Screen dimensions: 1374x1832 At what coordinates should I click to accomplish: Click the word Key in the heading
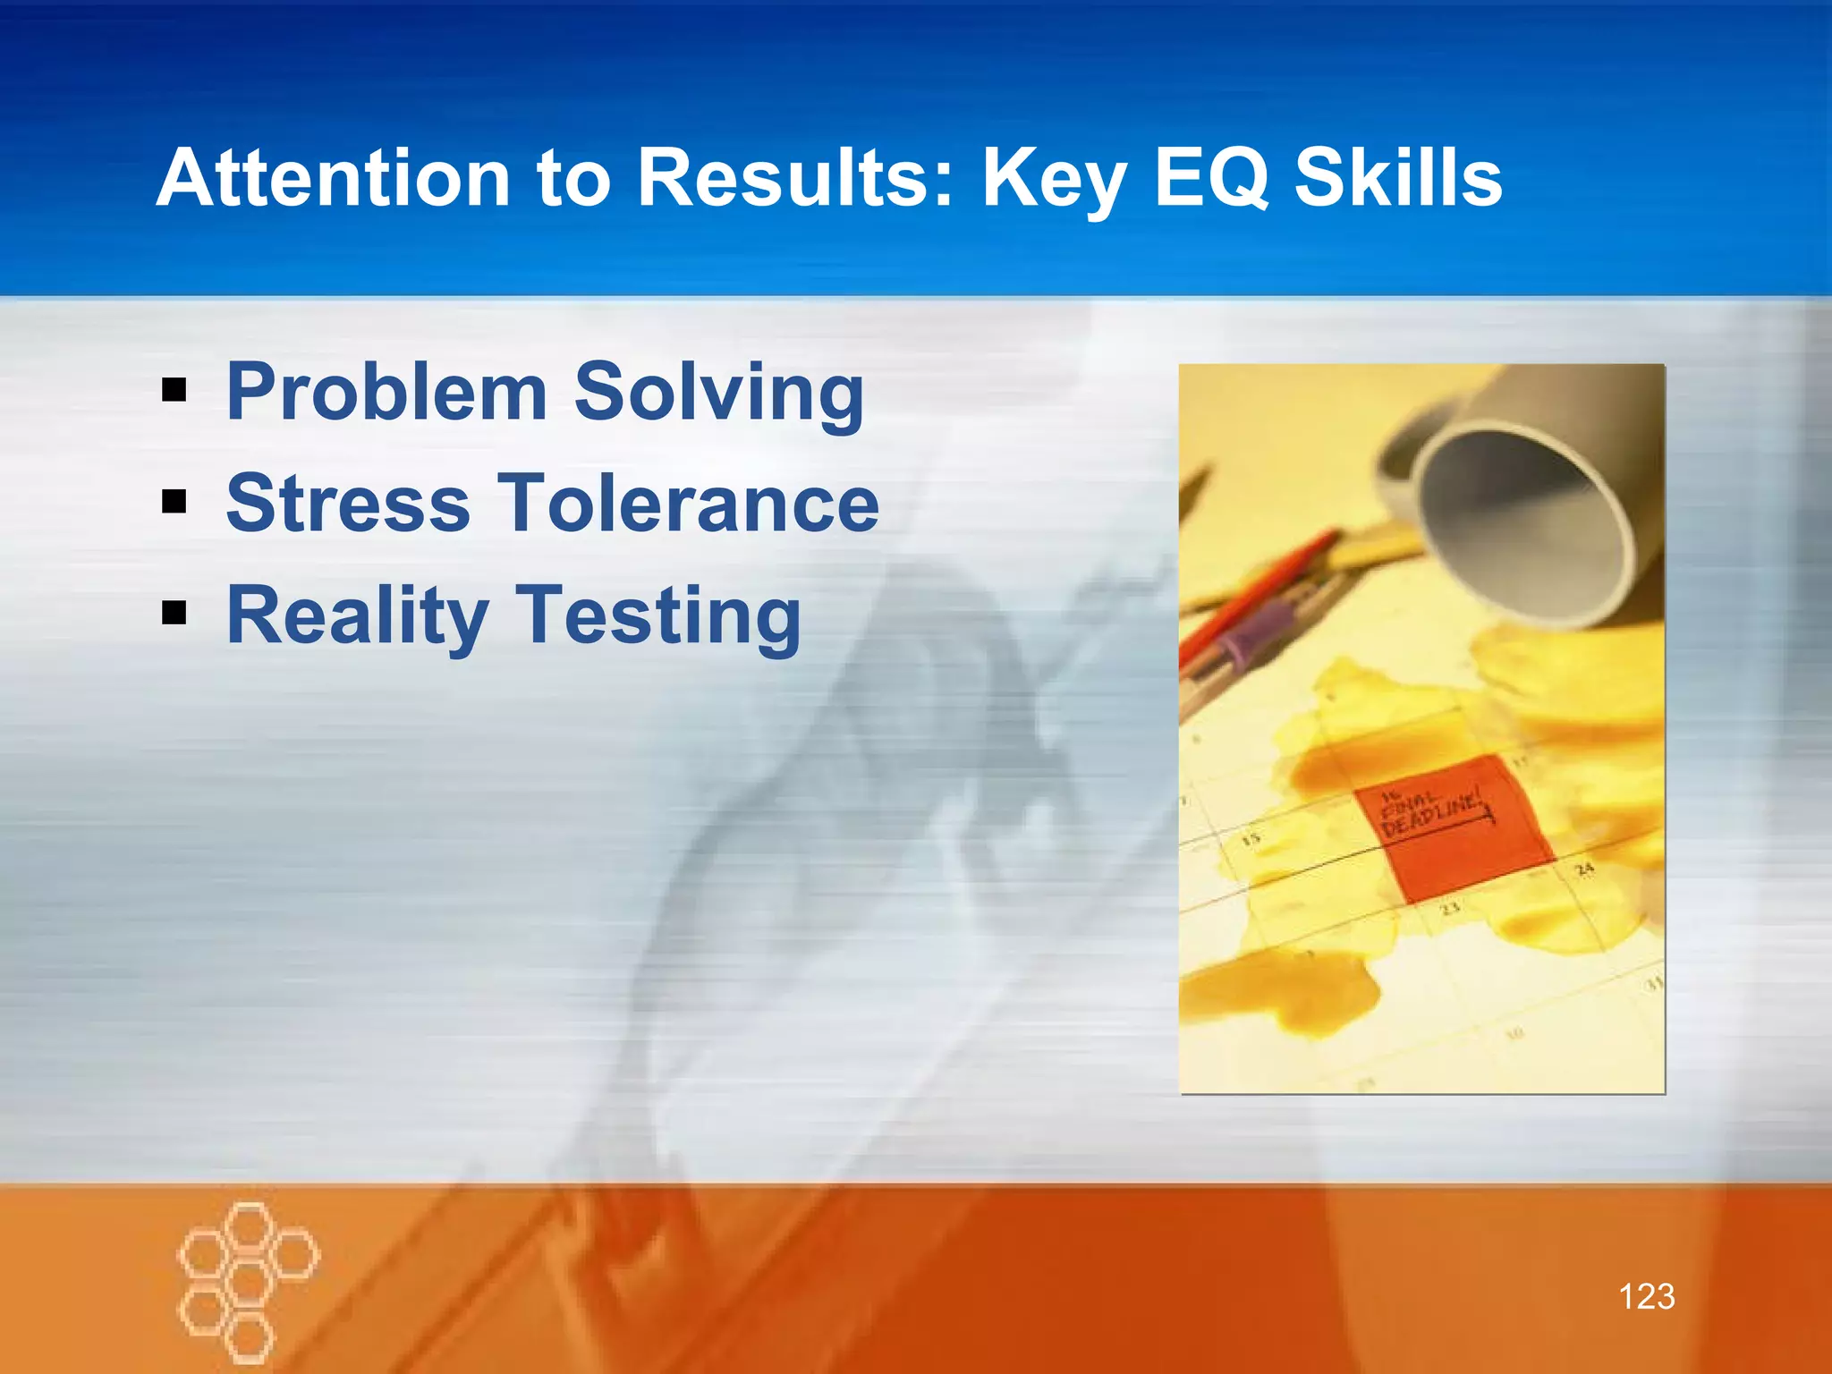pos(1055,179)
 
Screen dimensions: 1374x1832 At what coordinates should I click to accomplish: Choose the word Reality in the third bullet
pos(357,616)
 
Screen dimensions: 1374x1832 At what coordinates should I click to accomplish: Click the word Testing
pos(658,616)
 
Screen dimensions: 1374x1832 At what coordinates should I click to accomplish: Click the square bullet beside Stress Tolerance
pos(174,502)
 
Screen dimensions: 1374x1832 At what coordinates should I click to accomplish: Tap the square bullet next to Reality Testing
pos(174,614)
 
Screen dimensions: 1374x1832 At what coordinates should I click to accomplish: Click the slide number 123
pos(1646,1296)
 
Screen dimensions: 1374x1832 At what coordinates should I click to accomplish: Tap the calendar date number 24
pos(1584,869)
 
